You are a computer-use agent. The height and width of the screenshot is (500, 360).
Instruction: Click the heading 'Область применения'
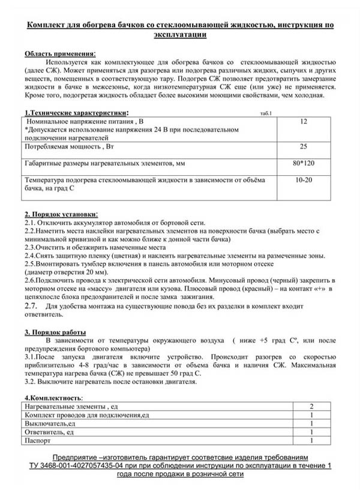point(59,53)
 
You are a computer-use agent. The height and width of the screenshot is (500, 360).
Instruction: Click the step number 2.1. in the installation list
point(31,223)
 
